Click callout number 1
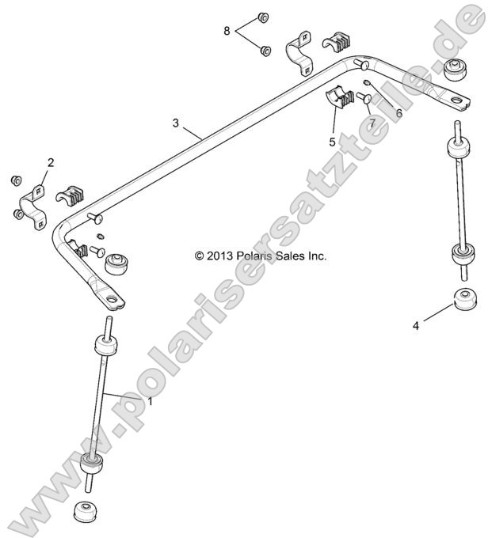[x=150, y=402]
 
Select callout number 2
[x=51, y=163]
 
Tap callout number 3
[x=176, y=123]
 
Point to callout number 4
[x=415, y=324]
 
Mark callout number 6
[x=399, y=112]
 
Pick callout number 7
[x=370, y=123]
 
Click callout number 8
[x=227, y=31]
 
